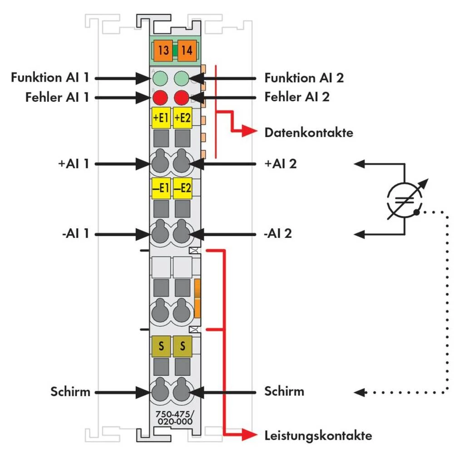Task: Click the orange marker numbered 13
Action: pos(163,50)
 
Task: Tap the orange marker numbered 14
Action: pos(186,50)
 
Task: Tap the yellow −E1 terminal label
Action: pos(160,188)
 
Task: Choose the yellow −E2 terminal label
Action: pos(183,188)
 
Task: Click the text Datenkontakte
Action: pos(309,133)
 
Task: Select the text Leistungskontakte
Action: pos(318,436)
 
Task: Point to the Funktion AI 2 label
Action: pos(304,78)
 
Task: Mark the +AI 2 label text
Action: pos(281,163)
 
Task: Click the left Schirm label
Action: pos(70,391)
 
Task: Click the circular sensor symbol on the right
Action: pos(403,199)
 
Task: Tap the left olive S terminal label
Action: pos(160,347)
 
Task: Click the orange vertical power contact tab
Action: pos(197,298)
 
